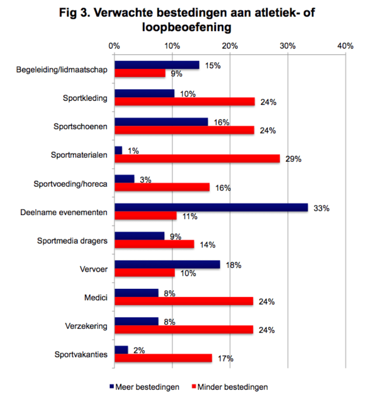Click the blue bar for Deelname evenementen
[x=211, y=207]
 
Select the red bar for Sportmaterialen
[x=197, y=159]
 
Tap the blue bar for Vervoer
[x=167, y=264]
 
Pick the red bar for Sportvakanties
[x=163, y=358]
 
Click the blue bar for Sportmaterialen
[x=118, y=151]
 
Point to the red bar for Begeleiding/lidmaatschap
[x=140, y=73]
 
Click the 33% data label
[x=321, y=208]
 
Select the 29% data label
[x=293, y=159]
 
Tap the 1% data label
[x=133, y=151]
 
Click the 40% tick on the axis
[x=345, y=45]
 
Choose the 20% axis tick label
[x=230, y=45]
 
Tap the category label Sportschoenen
[x=85, y=126]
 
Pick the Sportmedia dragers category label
[x=72, y=241]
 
